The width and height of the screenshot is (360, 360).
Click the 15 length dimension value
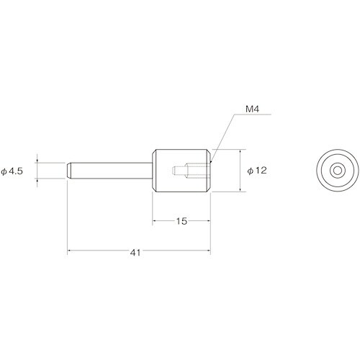(x=181, y=222)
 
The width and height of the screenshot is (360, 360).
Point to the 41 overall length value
(x=136, y=253)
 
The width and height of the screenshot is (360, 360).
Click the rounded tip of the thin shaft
(x=70, y=171)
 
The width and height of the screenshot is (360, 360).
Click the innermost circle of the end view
(x=336, y=171)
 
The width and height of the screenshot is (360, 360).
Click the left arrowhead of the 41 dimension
(x=70, y=251)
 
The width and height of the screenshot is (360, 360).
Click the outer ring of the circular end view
(x=336, y=153)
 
